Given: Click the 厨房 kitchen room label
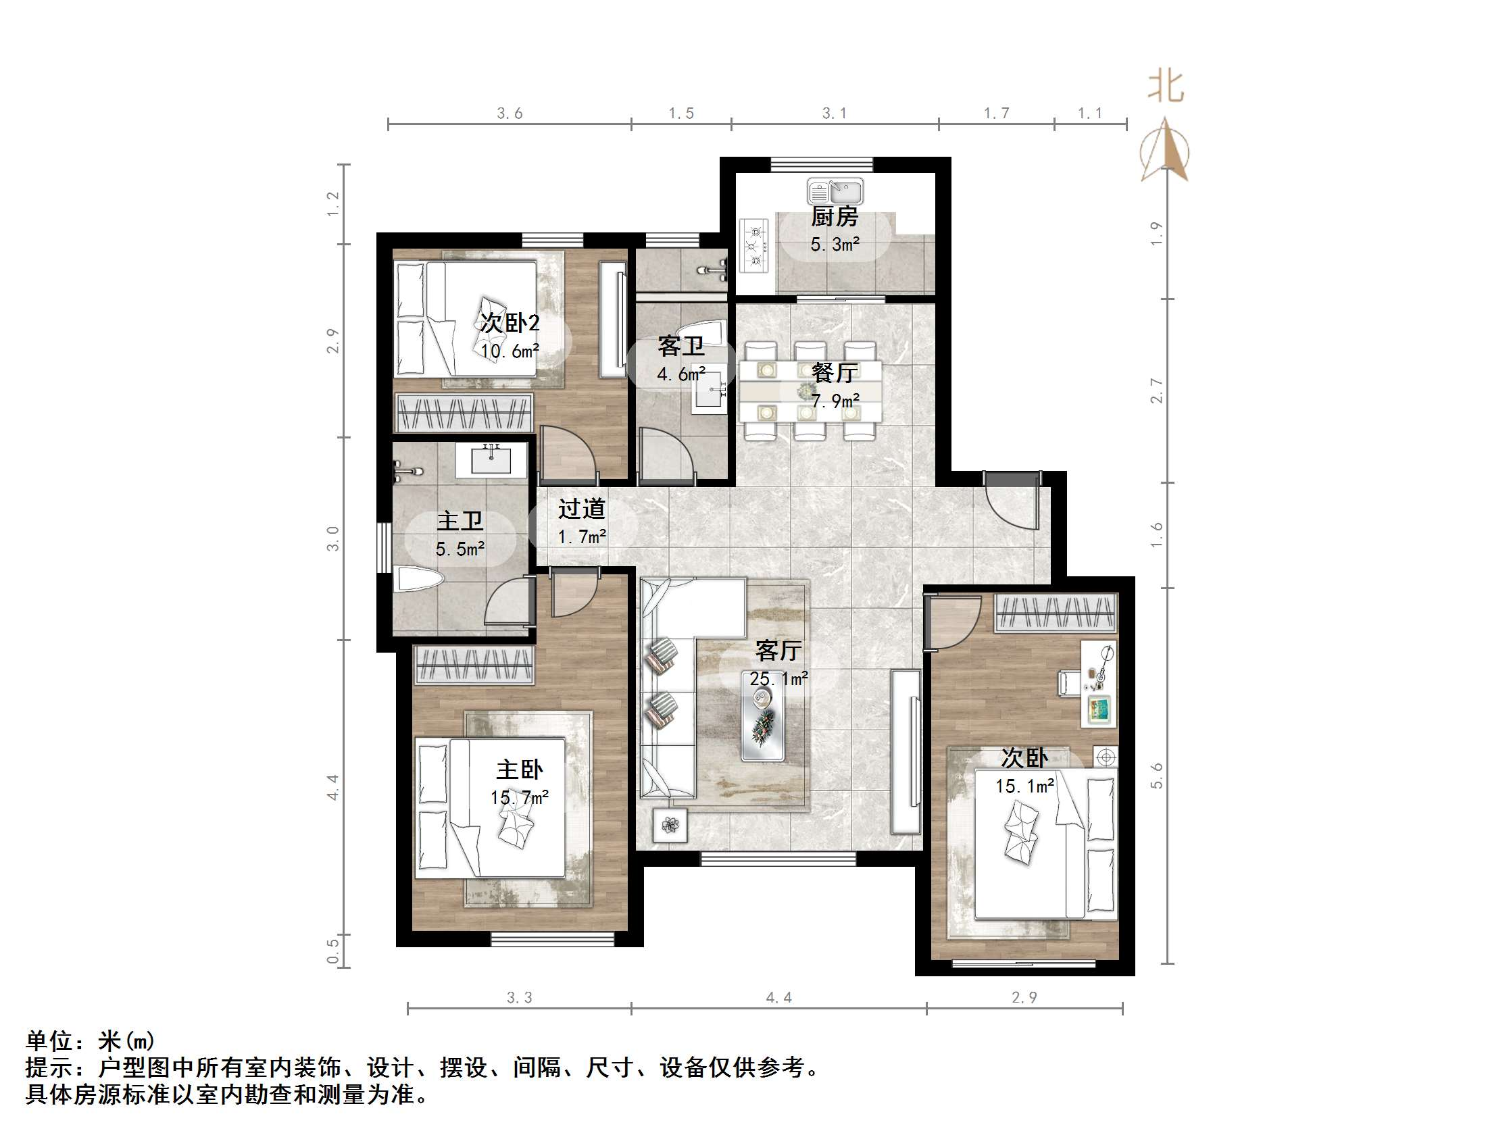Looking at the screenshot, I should click(834, 217).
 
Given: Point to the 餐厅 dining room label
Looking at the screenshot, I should click(834, 373).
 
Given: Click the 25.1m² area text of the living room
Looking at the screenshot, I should click(778, 679).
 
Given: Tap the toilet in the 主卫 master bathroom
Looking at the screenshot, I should click(420, 581).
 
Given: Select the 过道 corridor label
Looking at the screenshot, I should click(581, 509).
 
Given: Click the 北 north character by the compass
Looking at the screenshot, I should click(1166, 87).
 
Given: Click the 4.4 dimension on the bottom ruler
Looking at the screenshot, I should click(778, 998).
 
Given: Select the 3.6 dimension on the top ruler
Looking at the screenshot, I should click(510, 114).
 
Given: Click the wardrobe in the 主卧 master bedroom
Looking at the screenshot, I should click(474, 665).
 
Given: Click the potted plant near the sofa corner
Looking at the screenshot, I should click(670, 825).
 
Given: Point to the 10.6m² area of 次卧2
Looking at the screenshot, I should click(510, 351).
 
